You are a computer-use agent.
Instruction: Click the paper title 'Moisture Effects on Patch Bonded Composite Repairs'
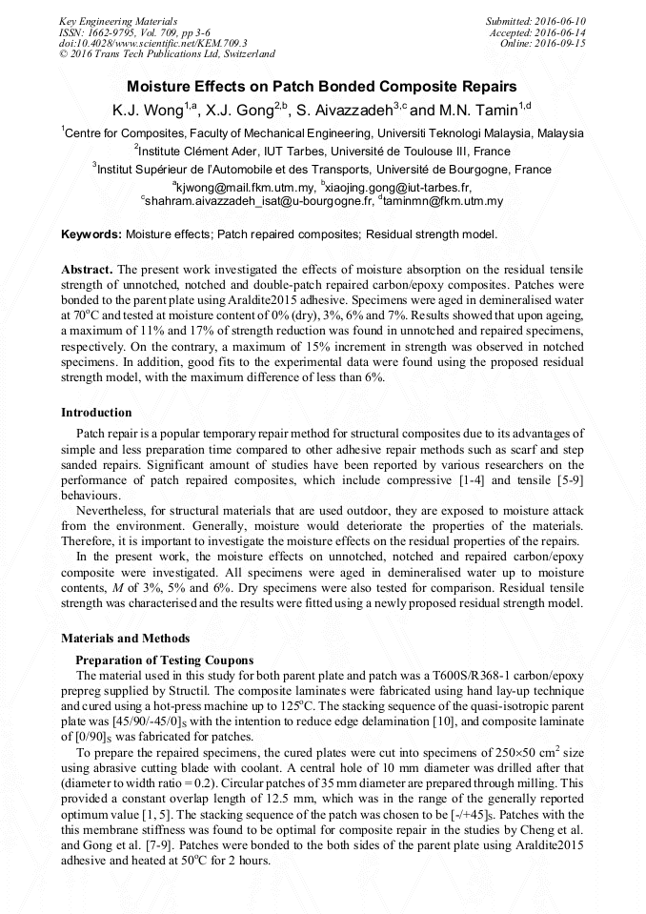click(x=322, y=86)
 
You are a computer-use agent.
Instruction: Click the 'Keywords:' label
click(x=91, y=234)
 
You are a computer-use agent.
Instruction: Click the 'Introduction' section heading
click(x=96, y=413)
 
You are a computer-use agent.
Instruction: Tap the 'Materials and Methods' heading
click(x=125, y=639)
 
